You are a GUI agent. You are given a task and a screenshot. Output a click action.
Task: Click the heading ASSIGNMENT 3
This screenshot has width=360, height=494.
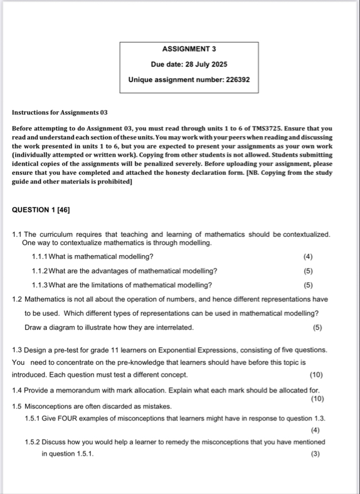pos(189,48)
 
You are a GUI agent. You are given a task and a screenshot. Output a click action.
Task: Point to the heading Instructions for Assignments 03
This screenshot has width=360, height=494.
pos(60,113)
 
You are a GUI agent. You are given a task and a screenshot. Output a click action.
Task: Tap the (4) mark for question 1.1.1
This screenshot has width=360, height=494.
pos(307,256)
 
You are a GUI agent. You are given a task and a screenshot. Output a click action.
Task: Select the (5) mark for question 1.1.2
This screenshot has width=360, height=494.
pos(307,271)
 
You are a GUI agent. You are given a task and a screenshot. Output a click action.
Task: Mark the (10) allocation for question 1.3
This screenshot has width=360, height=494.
pos(316,374)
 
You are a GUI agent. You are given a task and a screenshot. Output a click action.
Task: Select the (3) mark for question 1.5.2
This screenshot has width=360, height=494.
pos(315,454)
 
